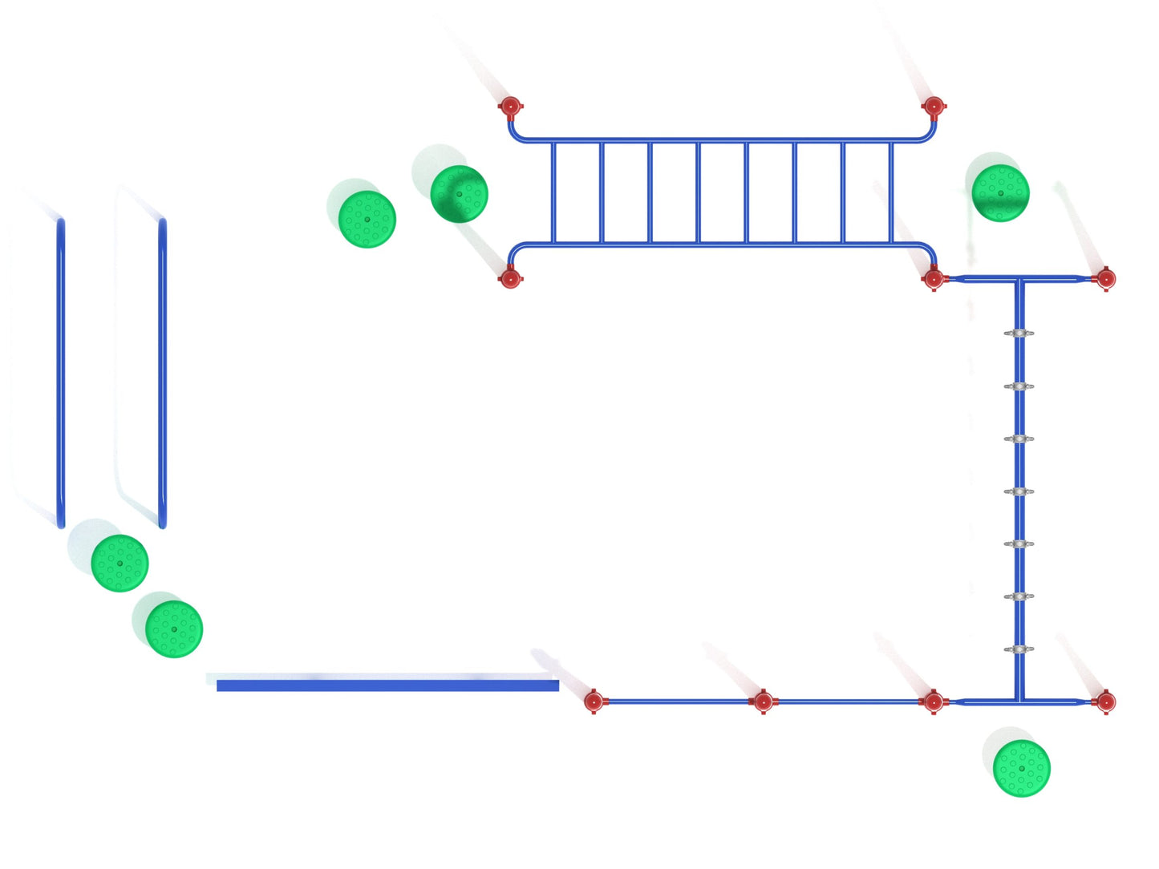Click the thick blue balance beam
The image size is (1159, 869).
point(387,685)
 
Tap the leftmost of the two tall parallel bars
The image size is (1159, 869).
point(61,373)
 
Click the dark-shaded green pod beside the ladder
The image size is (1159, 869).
point(459,194)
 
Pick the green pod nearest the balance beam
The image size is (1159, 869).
point(174,629)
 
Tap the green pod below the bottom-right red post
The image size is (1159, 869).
point(1021,768)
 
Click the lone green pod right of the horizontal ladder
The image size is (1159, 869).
point(1000,193)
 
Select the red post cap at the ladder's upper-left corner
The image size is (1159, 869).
point(510,106)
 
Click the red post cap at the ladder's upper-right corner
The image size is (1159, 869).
point(933,106)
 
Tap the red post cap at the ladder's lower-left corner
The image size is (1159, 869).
point(510,279)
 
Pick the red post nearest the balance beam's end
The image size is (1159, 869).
point(594,701)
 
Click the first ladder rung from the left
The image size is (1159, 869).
point(553,192)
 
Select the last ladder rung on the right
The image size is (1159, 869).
point(891,192)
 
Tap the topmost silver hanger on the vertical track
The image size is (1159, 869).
point(1019,333)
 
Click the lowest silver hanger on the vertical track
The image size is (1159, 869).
point(1019,649)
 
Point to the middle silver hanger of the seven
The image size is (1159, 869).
point(1019,491)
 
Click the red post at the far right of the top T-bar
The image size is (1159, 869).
point(1105,279)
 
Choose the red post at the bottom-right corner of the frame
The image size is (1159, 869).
point(1104,702)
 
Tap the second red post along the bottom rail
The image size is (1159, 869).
point(763,702)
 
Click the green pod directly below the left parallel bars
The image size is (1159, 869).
point(120,563)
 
